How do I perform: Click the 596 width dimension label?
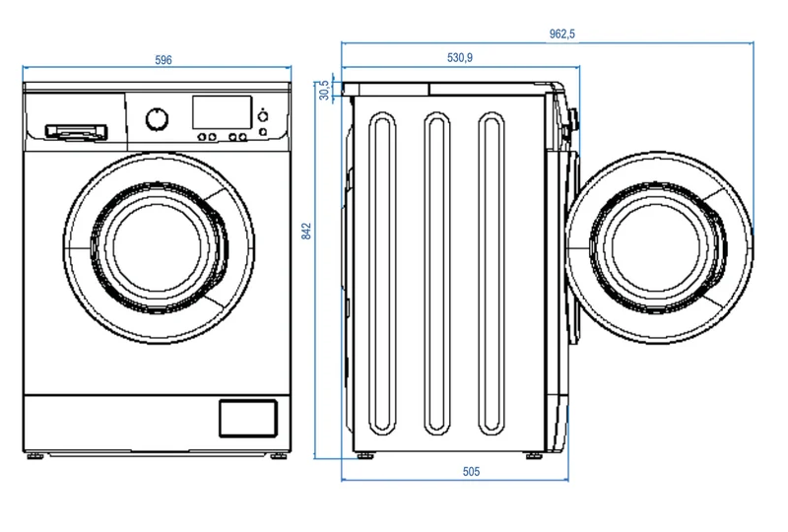164,60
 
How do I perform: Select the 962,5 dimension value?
561,34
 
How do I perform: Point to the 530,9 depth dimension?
460,58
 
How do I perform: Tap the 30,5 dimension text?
325,90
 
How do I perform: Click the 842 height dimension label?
306,232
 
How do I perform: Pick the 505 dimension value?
471,472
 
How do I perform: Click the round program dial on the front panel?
158,119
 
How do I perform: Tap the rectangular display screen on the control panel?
223,112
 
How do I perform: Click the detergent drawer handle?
77,132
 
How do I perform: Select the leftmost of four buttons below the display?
202,137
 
